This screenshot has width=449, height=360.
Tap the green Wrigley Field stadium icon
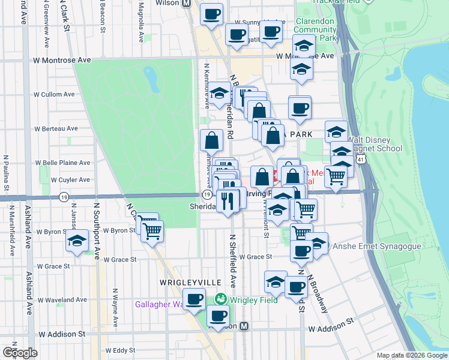[220, 298]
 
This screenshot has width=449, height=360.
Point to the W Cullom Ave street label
[54, 94]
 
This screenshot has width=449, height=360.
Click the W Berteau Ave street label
[56, 128]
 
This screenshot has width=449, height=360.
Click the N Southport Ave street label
[96, 230]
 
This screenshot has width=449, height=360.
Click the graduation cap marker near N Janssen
[77, 241]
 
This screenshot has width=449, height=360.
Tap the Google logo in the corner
[20, 352]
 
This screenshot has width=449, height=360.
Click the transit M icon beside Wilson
[186, 3]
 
